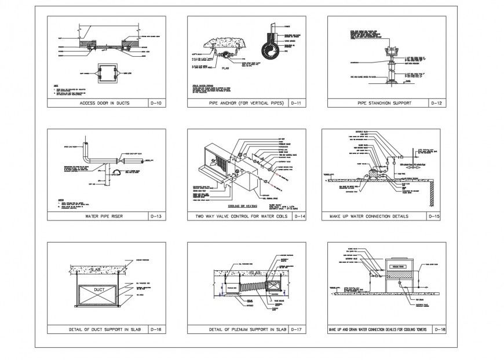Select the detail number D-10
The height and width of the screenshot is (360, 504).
[156, 103]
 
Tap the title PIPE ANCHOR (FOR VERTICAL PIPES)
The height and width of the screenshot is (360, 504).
[238, 103]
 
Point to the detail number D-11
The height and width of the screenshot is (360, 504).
[297, 103]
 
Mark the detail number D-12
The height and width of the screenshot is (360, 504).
[437, 103]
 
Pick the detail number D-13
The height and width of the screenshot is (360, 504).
[156, 216]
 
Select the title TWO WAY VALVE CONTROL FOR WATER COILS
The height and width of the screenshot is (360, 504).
[239, 216]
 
